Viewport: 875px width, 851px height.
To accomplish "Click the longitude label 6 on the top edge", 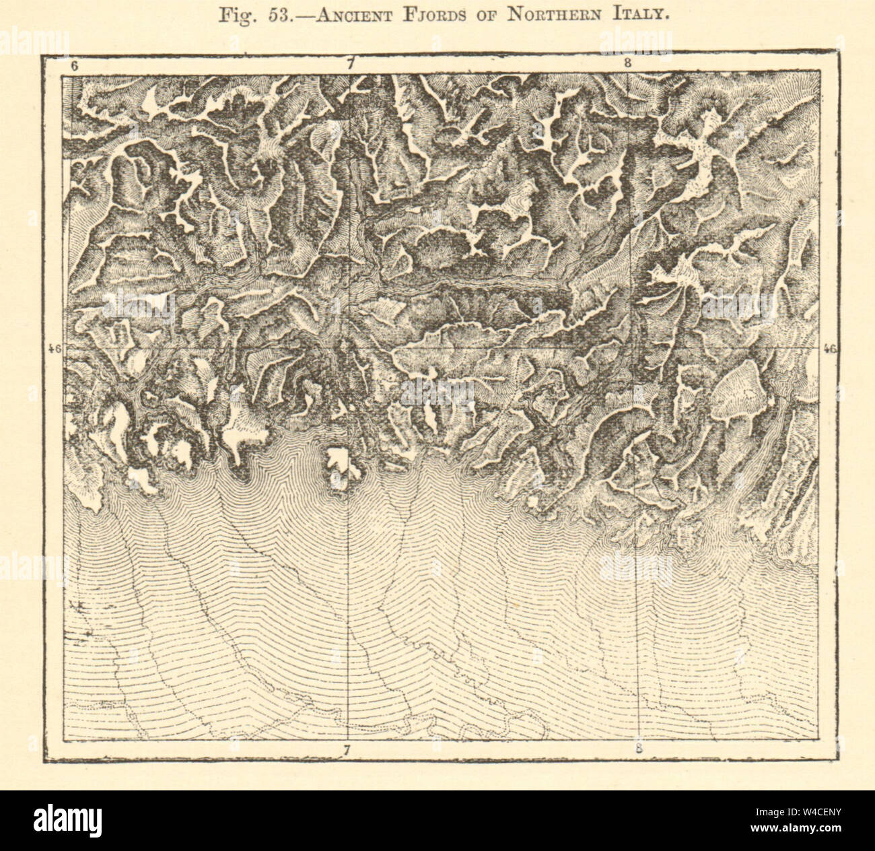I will coord(74,66).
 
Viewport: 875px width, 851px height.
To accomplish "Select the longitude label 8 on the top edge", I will coord(627,65).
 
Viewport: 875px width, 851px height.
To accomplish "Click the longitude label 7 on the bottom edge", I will coord(347,749).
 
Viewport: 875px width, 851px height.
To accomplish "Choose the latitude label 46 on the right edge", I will coord(829,349).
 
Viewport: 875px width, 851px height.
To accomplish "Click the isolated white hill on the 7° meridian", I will coord(340,465).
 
